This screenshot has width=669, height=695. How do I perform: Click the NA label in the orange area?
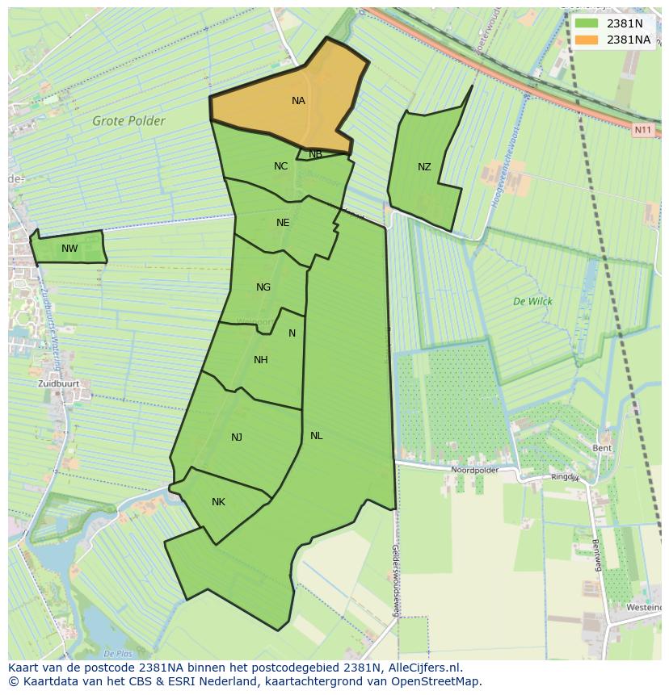click(298, 101)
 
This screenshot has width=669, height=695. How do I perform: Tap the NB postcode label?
click(315, 154)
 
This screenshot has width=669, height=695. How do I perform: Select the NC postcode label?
click(280, 166)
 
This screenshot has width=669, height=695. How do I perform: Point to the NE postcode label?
click(283, 223)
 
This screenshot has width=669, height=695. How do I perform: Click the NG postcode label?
click(263, 287)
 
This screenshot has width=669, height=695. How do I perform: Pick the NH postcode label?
click(260, 360)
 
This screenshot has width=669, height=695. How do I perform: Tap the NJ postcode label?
click(237, 438)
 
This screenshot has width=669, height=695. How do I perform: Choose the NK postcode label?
click(218, 502)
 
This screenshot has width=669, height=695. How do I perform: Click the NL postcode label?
click(316, 436)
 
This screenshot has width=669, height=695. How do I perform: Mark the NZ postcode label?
click(424, 167)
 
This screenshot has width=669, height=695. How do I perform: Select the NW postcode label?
click(69, 249)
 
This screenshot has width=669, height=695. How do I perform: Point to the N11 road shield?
click(643, 129)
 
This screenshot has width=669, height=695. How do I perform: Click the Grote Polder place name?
click(128, 122)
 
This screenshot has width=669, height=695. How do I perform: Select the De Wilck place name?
click(532, 301)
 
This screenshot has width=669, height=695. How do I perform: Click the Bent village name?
click(602, 448)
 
